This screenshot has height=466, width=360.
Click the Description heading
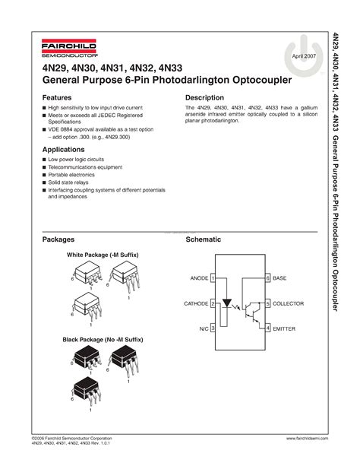pos(204,98)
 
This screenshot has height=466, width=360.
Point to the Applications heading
pos(63,150)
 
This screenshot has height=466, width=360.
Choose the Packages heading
pos(58,239)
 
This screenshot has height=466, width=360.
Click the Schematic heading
pos(204,239)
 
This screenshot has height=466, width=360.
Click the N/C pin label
pos(204,328)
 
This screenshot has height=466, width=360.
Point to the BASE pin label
pos(279,279)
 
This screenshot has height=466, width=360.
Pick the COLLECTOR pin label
pos(287,303)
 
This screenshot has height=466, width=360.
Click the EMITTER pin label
pos(284,328)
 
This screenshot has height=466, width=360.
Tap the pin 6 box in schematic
pos(267,279)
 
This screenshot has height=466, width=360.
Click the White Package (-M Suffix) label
pos(103,255)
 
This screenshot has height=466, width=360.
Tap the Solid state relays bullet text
pos(69,182)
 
